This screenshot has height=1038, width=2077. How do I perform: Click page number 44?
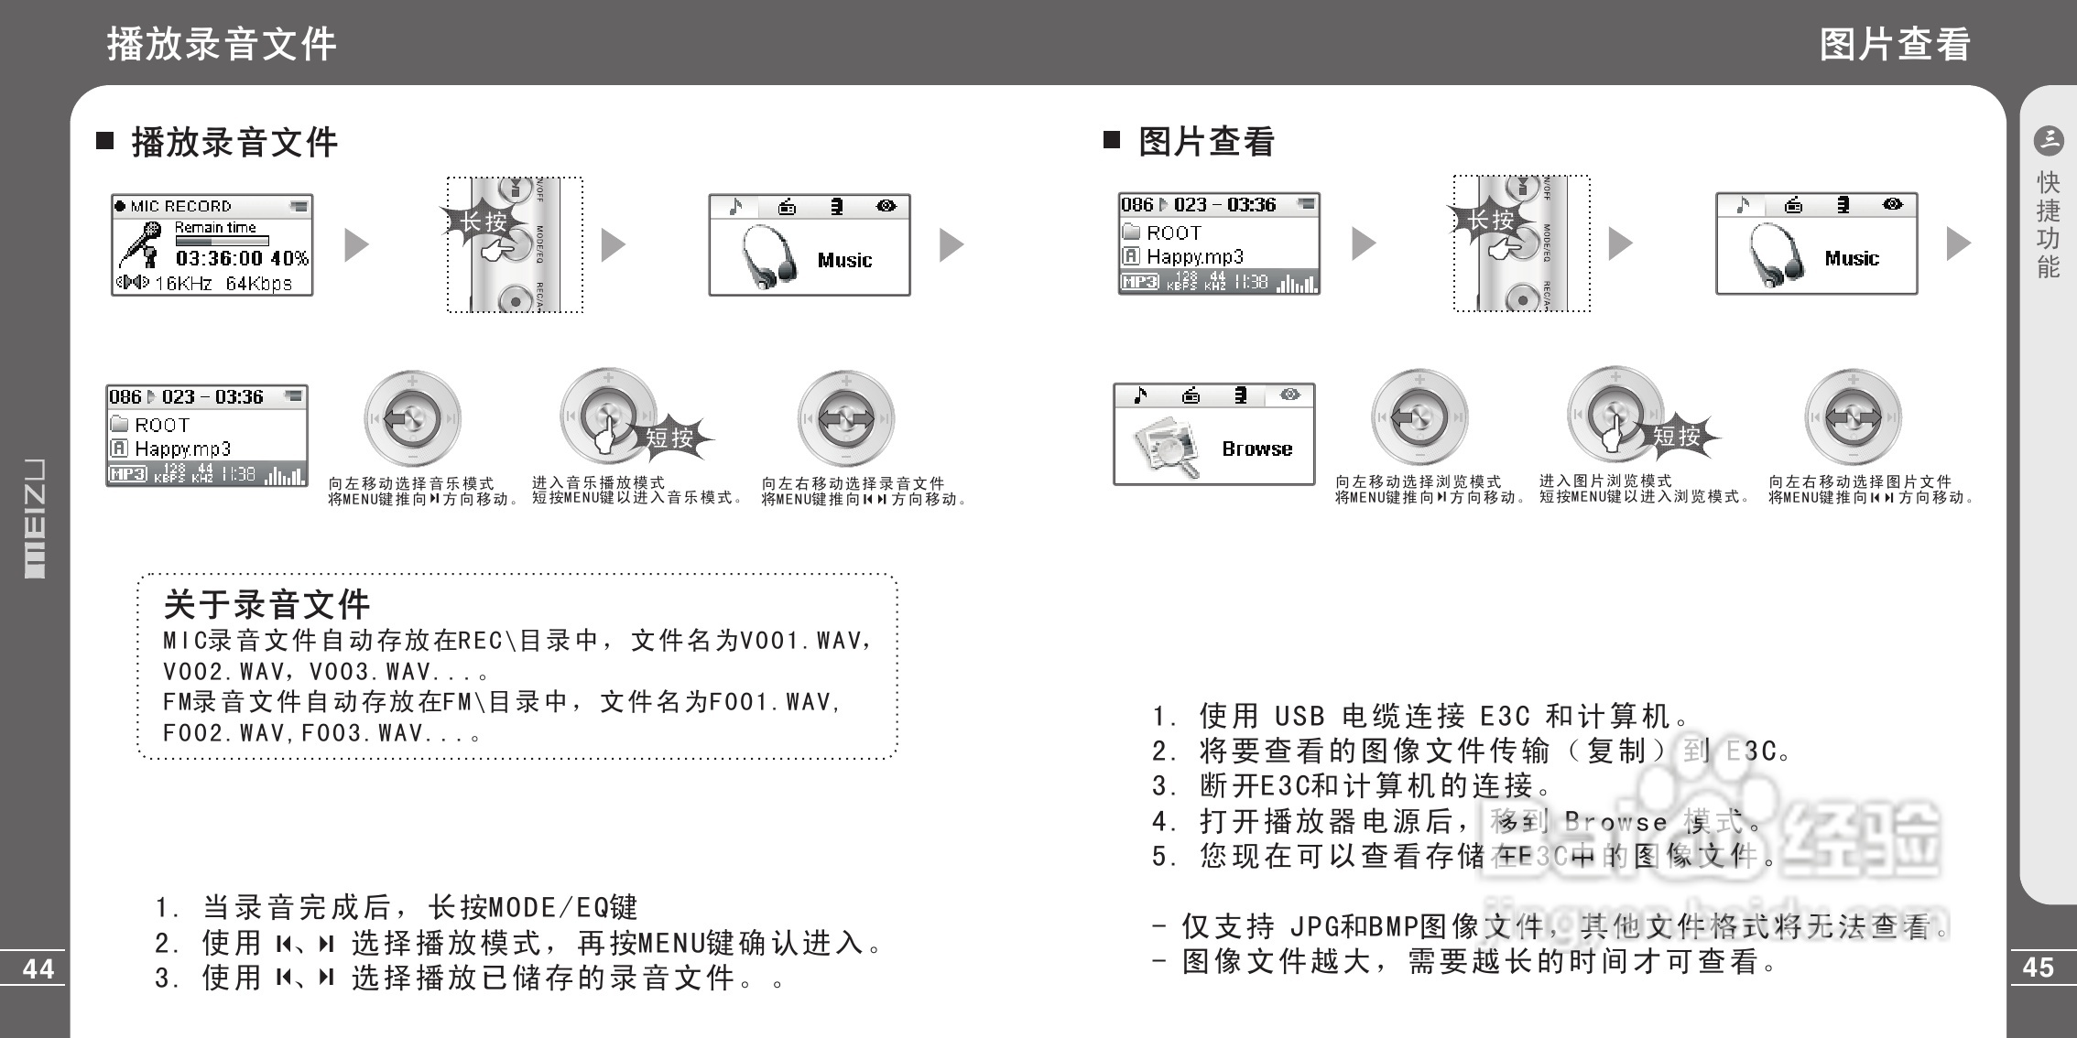pos(38,968)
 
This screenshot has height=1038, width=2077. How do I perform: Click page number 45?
pos(2038,967)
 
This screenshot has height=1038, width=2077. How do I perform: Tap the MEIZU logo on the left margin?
pos(34,518)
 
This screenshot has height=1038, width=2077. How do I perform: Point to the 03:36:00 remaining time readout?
pos(219,259)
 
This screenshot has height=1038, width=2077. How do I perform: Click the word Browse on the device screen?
pos(1256,449)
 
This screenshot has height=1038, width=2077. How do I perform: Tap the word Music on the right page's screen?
pos(1851,259)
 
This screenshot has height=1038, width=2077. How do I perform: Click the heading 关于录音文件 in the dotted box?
pos(266,604)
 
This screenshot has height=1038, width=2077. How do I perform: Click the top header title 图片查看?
pos(1894,44)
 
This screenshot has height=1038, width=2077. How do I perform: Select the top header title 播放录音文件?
pos(222,44)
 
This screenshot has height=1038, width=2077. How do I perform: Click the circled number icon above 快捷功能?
pos(2048,140)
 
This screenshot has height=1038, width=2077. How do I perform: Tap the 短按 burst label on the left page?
pos(669,438)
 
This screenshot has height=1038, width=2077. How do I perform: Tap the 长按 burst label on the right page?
pos(1490,220)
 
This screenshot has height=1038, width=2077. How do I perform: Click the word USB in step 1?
pos(1299,716)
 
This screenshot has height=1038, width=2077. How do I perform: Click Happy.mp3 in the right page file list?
pos(1194,257)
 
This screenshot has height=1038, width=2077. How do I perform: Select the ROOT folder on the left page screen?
pos(160,425)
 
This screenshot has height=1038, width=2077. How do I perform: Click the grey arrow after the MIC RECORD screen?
pos(356,244)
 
